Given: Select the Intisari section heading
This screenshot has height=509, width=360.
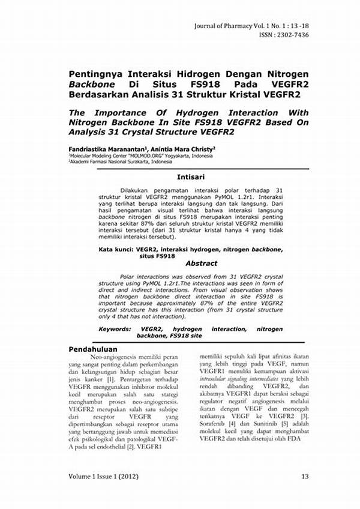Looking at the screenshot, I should pyautogui.click(x=191, y=177).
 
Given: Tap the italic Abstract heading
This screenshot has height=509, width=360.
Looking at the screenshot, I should pyautogui.click(x=201, y=263).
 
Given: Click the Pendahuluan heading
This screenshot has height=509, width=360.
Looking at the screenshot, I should pyautogui.click(x=93, y=349).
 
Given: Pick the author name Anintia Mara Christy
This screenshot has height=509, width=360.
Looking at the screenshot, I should pyautogui.click(x=181, y=148).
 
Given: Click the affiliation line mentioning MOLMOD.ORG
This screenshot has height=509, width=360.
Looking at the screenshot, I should pyautogui.click(x=140, y=155).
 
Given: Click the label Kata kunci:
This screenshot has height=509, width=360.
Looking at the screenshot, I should pyautogui.click(x=115, y=248).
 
